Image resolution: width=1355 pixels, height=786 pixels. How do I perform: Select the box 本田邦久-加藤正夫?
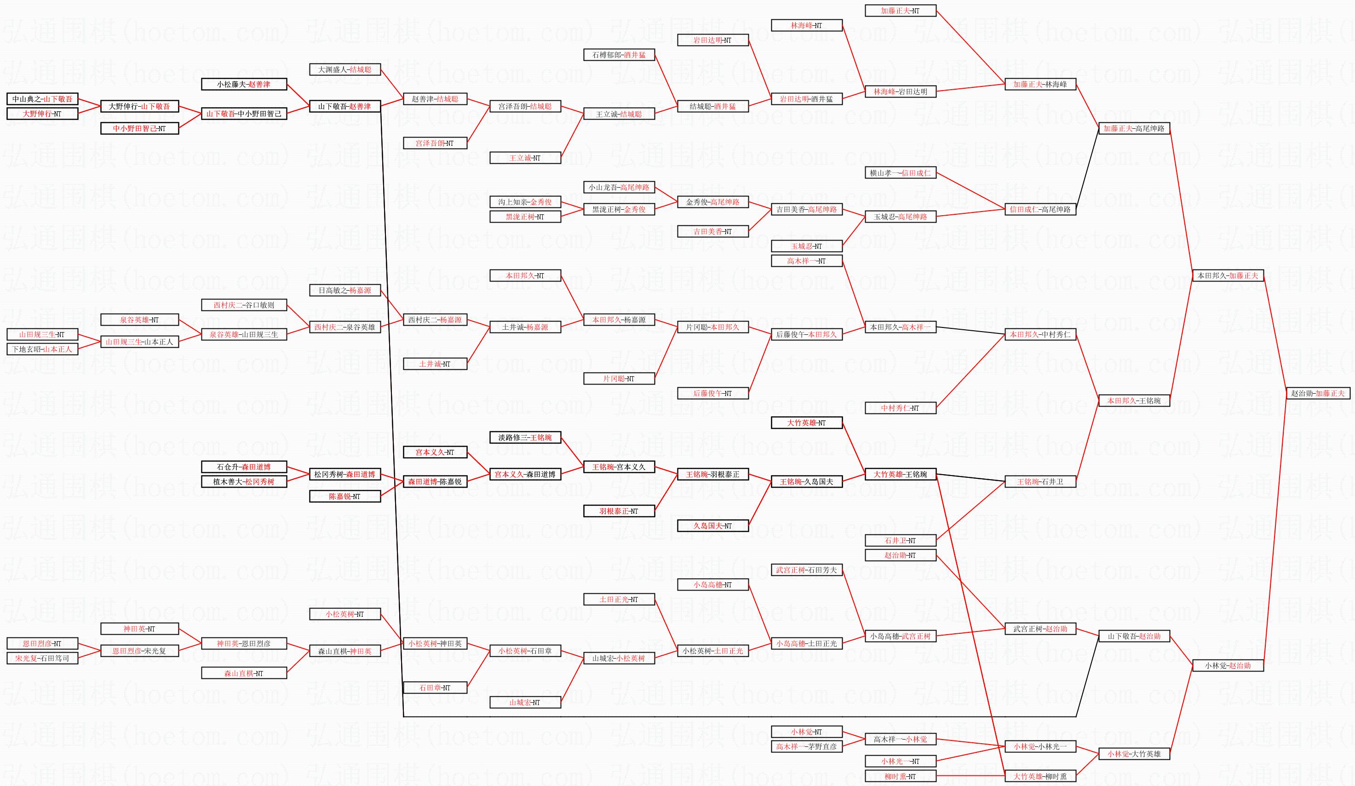coord(1228,276)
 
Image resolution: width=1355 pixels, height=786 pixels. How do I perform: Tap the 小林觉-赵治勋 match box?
coord(1228,666)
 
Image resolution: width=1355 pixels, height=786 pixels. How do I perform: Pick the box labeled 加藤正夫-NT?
coord(900,11)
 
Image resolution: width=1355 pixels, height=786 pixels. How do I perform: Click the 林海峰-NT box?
coord(807,25)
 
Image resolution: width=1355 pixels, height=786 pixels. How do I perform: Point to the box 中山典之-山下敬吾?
coord(42,99)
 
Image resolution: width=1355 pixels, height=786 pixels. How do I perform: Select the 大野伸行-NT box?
coord(42,114)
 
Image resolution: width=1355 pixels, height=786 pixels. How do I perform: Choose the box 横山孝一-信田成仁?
coord(900,172)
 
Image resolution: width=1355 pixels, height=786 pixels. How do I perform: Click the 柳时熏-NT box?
coord(900,776)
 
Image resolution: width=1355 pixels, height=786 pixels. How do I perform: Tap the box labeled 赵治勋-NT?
coord(900,555)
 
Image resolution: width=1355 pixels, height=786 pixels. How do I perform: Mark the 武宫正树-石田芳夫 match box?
coord(807,570)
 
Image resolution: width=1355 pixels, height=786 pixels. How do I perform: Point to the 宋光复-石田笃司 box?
coord(42,658)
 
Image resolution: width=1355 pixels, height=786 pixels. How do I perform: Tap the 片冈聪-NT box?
coord(619,379)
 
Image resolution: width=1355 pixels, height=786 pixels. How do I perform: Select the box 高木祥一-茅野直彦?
coord(807,746)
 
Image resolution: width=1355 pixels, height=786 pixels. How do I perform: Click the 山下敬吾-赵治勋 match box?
coord(1134,636)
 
